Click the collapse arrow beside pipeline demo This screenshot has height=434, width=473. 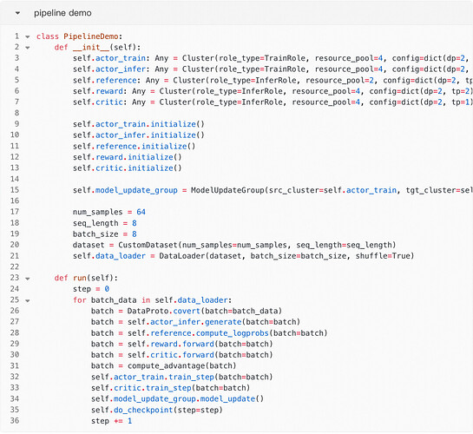tap(18, 13)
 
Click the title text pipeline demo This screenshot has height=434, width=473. tap(62, 13)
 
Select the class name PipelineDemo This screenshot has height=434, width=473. tap(91, 36)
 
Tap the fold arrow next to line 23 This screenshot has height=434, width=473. tap(28, 279)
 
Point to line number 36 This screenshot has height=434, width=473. tap(15, 420)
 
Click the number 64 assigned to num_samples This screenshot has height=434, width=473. tap(141, 212)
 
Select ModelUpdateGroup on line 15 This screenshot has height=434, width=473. tap(227, 190)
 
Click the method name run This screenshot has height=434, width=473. tap(80, 278)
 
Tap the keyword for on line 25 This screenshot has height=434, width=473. tap(80, 300)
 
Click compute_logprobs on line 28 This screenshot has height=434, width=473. tap(233, 333)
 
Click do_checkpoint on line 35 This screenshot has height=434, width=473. tap(143, 411)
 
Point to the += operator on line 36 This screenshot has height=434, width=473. tap(118, 421)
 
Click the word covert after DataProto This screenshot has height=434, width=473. tap(187, 311)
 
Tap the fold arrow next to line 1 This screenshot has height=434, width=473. tap(28, 36)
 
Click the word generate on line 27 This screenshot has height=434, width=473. tap(223, 322)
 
